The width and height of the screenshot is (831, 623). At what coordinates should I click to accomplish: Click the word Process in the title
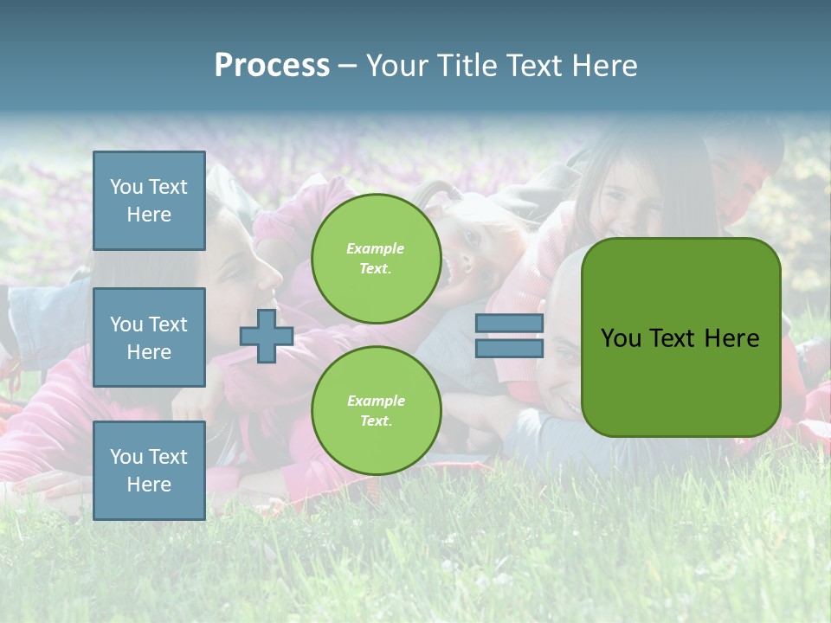272,66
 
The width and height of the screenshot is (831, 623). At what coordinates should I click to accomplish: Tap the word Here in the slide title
604,66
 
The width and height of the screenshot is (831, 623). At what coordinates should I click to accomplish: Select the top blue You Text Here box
149,201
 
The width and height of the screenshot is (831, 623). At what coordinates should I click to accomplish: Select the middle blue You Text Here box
149,337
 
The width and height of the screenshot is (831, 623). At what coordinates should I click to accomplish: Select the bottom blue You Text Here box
149,471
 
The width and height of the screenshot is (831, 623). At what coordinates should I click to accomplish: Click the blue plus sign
267,337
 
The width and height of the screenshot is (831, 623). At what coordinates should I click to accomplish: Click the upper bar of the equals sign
509,324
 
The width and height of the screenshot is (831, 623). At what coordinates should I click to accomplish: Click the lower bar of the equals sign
509,349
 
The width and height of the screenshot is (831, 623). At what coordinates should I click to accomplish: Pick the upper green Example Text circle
376,258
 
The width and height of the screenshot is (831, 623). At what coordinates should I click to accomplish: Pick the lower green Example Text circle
376,410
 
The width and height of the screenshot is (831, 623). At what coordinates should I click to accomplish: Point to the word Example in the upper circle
376,248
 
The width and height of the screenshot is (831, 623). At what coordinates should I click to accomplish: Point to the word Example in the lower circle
376,401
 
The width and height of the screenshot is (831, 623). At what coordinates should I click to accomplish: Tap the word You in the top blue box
126,187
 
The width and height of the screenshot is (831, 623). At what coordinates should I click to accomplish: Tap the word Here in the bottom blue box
149,485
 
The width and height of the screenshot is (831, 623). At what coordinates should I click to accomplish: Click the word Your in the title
401,66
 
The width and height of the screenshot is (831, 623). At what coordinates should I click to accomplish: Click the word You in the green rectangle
621,338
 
